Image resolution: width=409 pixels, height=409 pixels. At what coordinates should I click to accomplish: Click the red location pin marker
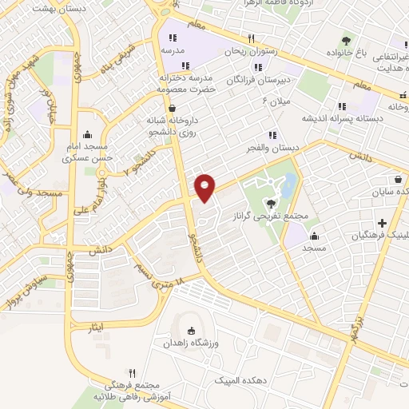205,188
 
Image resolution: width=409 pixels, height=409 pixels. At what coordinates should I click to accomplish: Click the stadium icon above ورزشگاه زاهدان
190,332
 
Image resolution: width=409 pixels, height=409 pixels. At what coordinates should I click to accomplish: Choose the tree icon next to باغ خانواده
345,41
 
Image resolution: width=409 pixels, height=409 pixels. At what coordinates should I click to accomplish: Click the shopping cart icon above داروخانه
173,108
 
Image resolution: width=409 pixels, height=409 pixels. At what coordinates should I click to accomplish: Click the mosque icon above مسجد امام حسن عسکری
86,135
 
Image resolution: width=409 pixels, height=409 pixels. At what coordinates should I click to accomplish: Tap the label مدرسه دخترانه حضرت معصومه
189,84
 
